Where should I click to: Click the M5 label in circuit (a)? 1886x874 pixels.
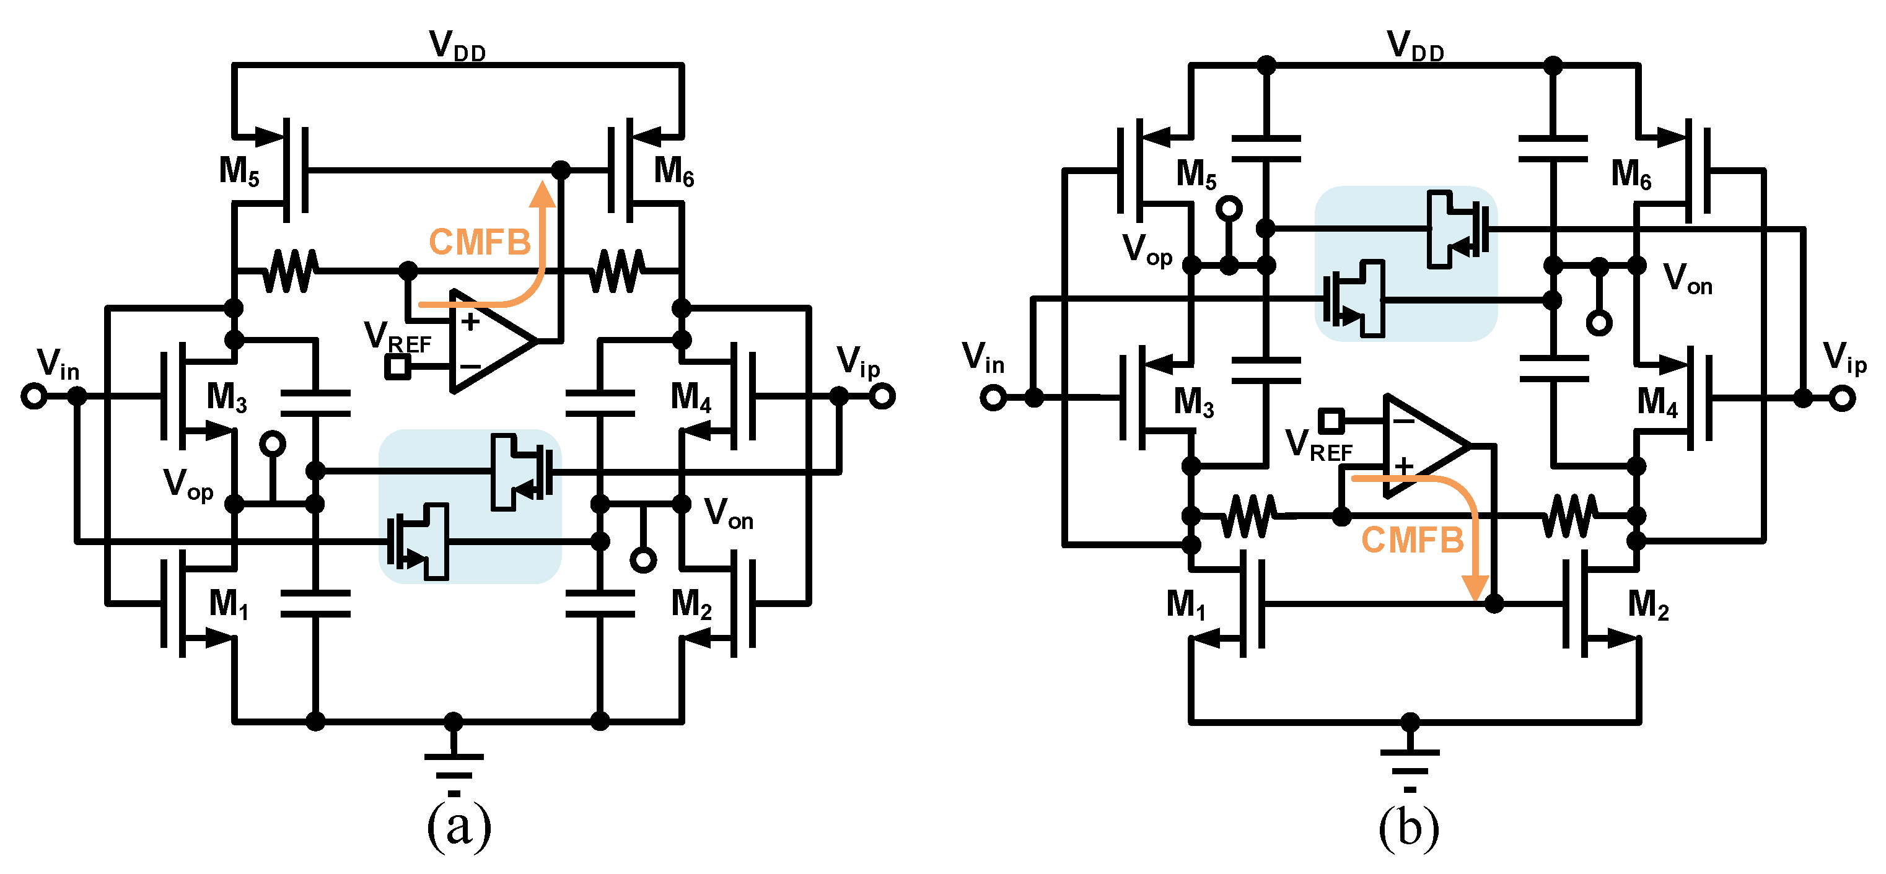coord(239,172)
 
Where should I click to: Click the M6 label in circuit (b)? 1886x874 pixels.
coord(1631,175)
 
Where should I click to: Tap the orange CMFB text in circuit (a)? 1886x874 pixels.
coord(480,242)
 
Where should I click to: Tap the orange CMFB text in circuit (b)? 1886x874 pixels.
coord(1411,541)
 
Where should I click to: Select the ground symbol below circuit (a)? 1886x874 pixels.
coord(454,765)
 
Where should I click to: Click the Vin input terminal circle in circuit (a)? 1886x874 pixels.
coord(33,397)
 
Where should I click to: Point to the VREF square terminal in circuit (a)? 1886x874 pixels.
coord(398,366)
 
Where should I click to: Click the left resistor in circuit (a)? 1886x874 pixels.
coord(291,271)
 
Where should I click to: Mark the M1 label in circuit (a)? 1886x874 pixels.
coord(229,605)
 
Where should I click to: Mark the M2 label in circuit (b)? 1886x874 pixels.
coord(1648,606)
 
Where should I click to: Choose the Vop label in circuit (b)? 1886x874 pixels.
coord(1147,250)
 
